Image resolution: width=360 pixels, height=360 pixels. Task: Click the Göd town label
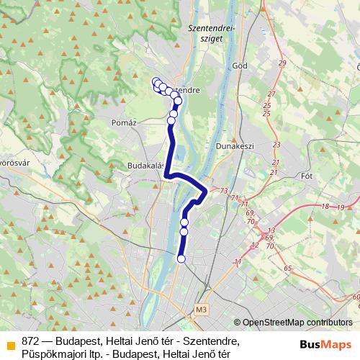click(x=240, y=66)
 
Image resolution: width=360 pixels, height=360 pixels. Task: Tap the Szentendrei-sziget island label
click(x=212, y=33)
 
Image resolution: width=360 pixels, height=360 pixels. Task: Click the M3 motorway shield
click(x=200, y=310)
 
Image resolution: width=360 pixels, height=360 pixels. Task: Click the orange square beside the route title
click(x=10, y=341)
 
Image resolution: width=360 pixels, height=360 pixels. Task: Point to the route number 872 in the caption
click(x=30, y=341)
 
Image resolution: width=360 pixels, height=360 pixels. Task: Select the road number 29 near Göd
click(x=282, y=64)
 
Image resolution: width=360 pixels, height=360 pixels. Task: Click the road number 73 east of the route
click(x=224, y=191)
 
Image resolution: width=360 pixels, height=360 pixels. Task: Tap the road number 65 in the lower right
click(x=287, y=268)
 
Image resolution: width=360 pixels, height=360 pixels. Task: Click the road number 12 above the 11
click(x=254, y=245)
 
